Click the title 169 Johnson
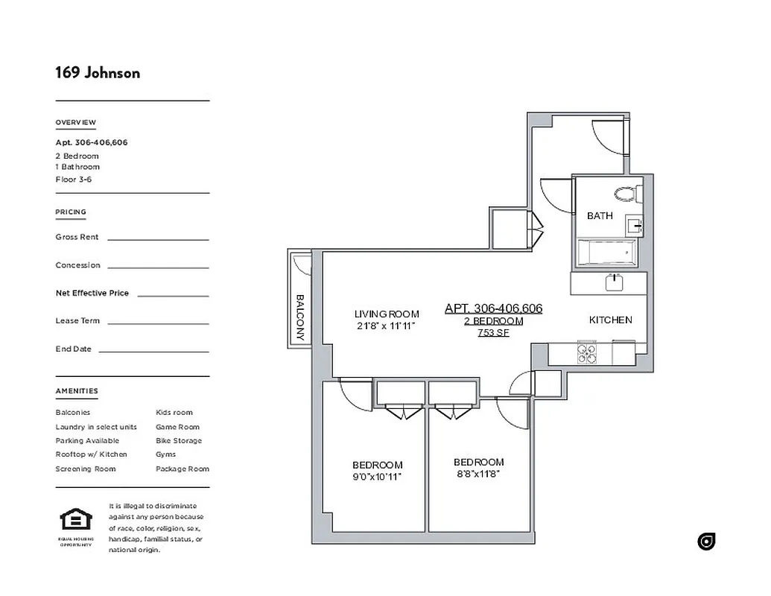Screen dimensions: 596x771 98,72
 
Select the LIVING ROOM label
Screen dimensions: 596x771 387,314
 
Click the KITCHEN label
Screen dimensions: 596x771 610,320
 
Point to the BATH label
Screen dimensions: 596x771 600,216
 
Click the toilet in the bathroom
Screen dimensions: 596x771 628,194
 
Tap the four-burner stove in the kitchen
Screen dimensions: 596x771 587,353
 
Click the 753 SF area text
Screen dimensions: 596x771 493,333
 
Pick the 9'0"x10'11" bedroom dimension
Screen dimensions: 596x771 378,477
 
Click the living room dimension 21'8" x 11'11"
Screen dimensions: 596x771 384,326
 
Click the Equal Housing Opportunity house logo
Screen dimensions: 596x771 75,519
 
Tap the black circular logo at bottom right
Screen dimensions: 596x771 706,542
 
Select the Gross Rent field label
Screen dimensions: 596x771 77,237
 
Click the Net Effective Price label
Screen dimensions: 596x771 92,293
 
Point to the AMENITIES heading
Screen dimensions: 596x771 77,391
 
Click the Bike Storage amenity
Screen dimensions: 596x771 178,440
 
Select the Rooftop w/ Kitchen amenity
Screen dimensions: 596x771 91,454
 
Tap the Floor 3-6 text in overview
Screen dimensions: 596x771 73,179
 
